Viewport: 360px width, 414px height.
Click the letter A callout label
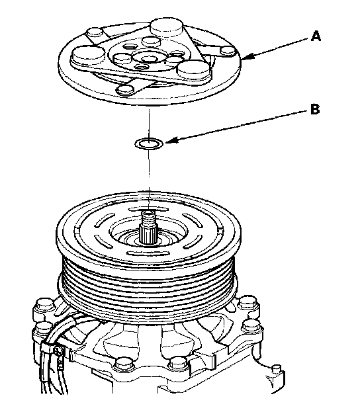point(316,36)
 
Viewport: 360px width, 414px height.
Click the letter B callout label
point(315,108)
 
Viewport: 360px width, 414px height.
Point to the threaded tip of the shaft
point(148,216)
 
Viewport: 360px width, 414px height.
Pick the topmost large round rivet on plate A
point(166,28)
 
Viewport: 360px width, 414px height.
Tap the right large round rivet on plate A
point(194,70)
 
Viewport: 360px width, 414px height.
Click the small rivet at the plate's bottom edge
point(125,89)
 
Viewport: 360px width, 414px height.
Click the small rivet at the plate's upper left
point(95,34)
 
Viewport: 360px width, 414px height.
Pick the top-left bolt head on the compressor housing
point(45,306)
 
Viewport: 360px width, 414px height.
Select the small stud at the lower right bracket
point(276,368)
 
